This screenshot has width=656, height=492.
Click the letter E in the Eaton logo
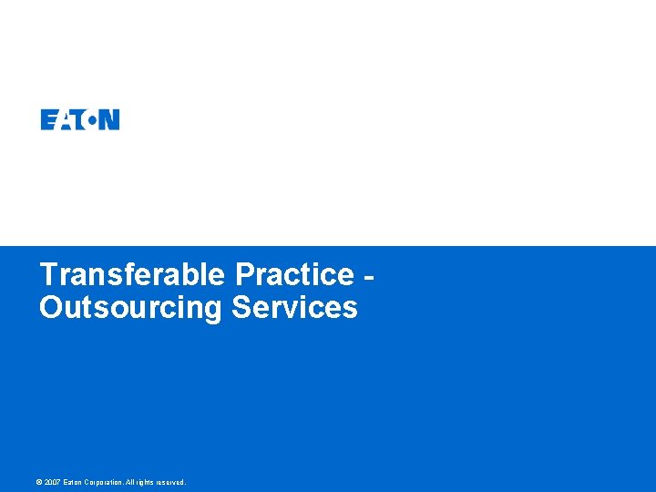47,119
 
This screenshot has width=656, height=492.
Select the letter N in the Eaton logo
109,119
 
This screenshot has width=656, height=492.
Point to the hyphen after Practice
369,276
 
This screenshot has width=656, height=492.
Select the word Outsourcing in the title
130,307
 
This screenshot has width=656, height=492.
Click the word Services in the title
294,307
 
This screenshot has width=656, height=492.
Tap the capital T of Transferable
49,274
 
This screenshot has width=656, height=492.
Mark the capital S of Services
241,307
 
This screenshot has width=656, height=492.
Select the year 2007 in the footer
54,482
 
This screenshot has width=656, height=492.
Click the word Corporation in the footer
105,482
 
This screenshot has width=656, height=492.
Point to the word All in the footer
130,482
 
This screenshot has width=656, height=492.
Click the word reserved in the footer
170,482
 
